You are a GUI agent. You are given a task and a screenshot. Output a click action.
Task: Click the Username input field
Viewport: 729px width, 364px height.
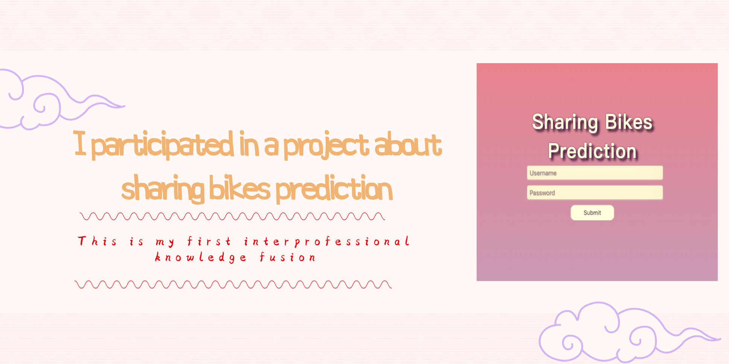point(595,173)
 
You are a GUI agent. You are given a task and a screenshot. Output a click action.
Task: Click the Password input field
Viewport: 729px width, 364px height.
point(595,193)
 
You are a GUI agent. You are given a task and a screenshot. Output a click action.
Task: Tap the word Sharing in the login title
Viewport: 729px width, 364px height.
point(565,122)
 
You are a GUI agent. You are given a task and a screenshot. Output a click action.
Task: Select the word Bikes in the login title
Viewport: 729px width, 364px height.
point(628,122)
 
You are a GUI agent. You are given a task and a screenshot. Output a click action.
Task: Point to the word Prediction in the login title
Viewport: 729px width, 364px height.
point(592,151)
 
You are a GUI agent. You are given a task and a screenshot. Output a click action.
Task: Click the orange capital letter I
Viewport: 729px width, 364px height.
point(80,143)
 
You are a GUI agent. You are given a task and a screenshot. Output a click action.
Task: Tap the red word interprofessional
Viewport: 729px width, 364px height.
point(326,241)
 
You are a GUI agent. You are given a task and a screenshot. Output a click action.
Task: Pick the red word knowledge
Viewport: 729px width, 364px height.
point(201,258)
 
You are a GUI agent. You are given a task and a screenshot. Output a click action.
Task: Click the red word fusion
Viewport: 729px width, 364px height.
point(287,258)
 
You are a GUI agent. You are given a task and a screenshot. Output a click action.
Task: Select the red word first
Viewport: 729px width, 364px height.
point(209,241)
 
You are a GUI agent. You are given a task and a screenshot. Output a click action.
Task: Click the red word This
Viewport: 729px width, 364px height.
point(98,241)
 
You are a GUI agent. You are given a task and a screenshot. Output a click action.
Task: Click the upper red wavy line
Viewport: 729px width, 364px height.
point(232,216)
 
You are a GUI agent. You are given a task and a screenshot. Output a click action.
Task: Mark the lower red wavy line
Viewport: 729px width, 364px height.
point(233,284)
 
